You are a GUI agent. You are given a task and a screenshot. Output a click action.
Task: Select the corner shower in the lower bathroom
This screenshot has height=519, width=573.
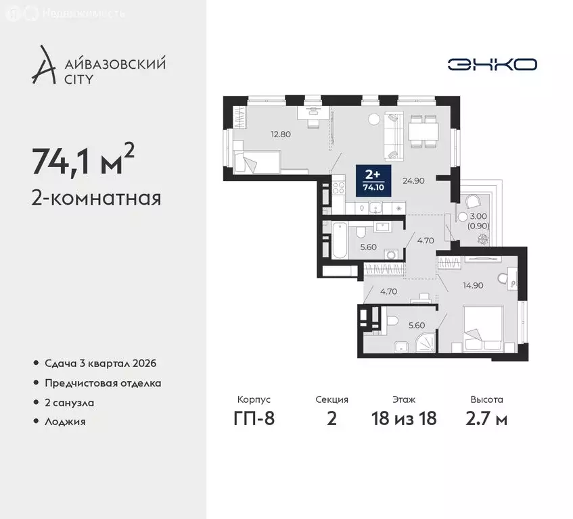coord(426,343)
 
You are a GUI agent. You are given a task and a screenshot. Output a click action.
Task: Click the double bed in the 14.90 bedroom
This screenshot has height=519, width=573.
coord(482,328)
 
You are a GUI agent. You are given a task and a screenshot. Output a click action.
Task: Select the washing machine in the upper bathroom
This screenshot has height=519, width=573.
coord(390,254)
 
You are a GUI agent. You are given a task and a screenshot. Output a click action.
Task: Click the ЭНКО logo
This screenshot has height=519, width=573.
coord(492,64)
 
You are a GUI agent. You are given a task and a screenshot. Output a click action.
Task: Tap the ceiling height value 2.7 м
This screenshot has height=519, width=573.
coord(486,418)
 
